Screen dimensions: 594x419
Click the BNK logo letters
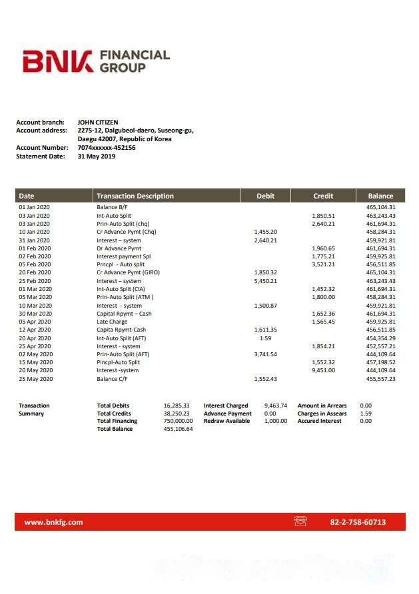pyautogui.click(x=57, y=62)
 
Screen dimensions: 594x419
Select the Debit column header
pyautogui.click(x=265, y=196)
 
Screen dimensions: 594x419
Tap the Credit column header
pyautogui.click(x=323, y=196)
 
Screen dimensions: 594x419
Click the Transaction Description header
pyautogui.click(x=135, y=196)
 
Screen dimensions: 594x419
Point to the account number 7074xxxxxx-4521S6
pyautogui.click(x=107, y=148)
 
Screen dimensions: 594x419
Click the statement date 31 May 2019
pyautogui.click(x=97, y=156)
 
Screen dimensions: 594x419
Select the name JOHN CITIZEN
pyautogui.click(x=98, y=122)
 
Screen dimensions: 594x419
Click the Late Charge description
pyautogui.click(x=112, y=322)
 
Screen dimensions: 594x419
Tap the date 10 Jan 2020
pyautogui.click(x=35, y=232)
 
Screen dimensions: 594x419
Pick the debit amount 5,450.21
pyautogui.click(x=265, y=281)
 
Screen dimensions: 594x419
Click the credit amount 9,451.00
pyautogui.click(x=323, y=370)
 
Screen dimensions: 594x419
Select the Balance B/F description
pyautogui.click(x=113, y=207)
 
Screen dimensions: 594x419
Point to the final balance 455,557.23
pyautogui.click(x=381, y=379)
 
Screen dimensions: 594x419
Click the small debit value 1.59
pyautogui.click(x=265, y=338)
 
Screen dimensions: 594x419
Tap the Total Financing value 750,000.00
pyautogui.click(x=178, y=421)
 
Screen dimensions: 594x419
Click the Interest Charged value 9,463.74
pyautogui.click(x=275, y=406)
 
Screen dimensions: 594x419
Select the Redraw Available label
pyautogui.click(x=226, y=421)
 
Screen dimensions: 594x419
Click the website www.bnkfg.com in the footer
pyautogui.click(x=53, y=522)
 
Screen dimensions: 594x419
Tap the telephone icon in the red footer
pyautogui.click(x=300, y=521)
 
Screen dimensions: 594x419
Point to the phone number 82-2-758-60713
pyautogui.click(x=358, y=522)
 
